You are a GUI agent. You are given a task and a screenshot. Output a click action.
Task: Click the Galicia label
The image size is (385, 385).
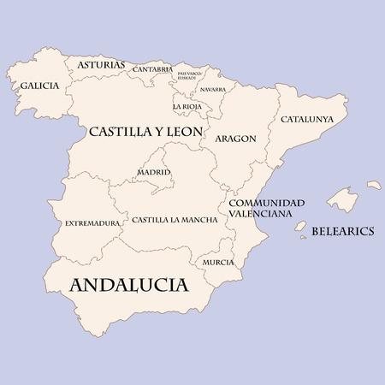[x=39, y=86]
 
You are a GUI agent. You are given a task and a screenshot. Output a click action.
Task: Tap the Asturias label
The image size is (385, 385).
[x=101, y=65]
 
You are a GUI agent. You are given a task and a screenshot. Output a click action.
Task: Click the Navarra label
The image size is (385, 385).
[x=212, y=89]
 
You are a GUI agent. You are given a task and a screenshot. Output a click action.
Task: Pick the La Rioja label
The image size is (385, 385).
[x=188, y=107]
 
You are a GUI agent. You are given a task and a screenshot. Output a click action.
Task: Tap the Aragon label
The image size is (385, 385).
[x=234, y=138]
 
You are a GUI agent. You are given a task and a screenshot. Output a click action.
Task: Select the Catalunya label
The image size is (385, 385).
[x=307, y=119]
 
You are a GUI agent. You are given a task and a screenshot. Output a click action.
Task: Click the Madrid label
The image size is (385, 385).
[x=154, y=173]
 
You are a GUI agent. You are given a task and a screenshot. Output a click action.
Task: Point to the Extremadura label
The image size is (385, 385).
[x=92, y=223]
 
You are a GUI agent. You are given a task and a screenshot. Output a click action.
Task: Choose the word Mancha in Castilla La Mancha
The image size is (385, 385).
[x=198, y=220]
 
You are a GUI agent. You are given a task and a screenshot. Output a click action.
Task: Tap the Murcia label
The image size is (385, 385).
[x=218, y=262]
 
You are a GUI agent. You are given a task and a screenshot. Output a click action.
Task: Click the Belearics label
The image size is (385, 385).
[x=342, y=231]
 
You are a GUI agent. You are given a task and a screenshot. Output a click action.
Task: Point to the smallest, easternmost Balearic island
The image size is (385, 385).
[x=374, y=184]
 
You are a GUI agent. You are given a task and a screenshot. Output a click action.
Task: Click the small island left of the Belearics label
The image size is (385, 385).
[x=301, y=227]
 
